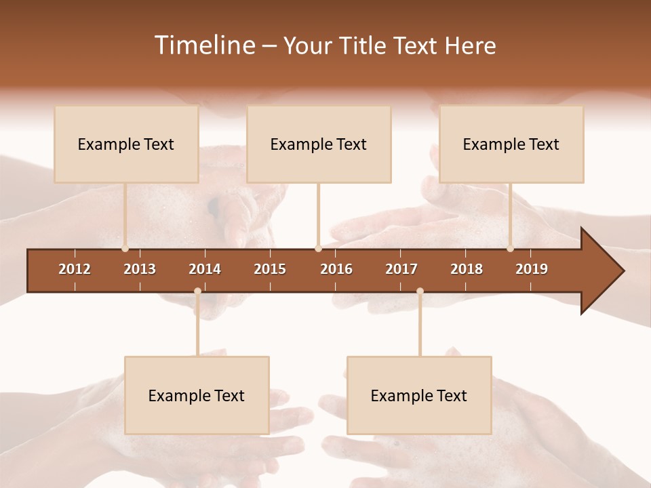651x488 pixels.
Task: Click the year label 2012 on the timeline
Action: [x=75, y=269]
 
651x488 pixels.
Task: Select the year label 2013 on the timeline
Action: [x=140, y=269]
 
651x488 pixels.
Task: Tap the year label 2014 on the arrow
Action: [x=205, y=269]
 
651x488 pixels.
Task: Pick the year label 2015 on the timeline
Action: [x=270, y=269]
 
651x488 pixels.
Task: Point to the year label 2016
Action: [x=336, y=269]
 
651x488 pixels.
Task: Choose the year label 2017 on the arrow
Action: [x=401, y=269]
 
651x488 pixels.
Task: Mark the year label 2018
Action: [x=467, y=269]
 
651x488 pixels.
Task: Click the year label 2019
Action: [x=532, y=269]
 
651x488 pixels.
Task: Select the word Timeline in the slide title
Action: [x=205, y=45]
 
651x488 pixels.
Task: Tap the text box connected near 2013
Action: [x=126, y=144]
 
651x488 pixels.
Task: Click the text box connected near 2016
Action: [x=319, y=144]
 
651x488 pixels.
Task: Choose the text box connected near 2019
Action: [x=511, y=144]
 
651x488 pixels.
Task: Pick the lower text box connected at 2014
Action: [x=197, y=395]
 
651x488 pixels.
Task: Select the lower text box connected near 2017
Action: [x=419, y=395]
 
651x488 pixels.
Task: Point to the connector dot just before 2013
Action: [x=125, y=249]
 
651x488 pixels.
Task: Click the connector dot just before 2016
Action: [x=318, y=249]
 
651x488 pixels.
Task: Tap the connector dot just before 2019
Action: [x=510, y=249]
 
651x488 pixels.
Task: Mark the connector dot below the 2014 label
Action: [x=197, y=291]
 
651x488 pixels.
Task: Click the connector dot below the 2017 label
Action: [x=420, y=291]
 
